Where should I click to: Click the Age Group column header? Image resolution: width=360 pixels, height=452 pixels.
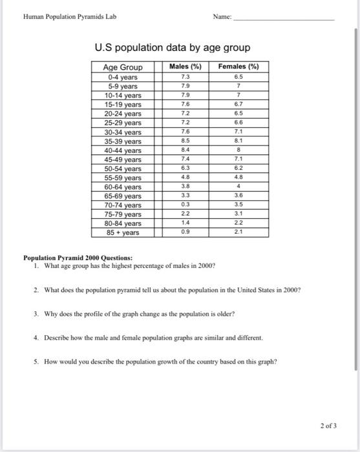(x=123, y=67)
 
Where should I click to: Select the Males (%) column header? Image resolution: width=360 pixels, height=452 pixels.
(x=185, y=67)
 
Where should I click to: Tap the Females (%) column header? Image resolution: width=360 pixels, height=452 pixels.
(x=238, y=67)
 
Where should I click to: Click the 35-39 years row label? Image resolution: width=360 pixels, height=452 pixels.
(x=123, y=141)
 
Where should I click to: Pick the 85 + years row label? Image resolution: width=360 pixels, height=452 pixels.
(x=123, y=232)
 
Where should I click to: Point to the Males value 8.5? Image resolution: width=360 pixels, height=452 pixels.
(x=185, y=141)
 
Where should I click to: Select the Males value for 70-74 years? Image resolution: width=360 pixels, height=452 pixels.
(x=185, y=205)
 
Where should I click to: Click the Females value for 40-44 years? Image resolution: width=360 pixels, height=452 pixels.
(x=238, y=150)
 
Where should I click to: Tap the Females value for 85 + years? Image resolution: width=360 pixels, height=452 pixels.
(x=238, y=232)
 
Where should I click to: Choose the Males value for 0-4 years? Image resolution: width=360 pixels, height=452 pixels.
(x=185, y=77)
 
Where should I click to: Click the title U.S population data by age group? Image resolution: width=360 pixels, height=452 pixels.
(x=172, y=48)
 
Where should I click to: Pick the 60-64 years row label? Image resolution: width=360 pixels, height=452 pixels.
(x=123, y=187)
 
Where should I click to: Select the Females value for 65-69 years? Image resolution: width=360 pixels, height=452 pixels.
(x=238, y=195)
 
